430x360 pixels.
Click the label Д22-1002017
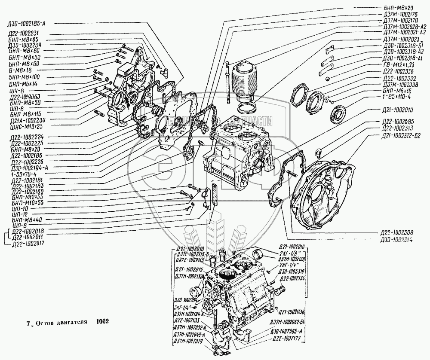[x=29, y=243]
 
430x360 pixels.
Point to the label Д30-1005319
[x=292, y=272]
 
